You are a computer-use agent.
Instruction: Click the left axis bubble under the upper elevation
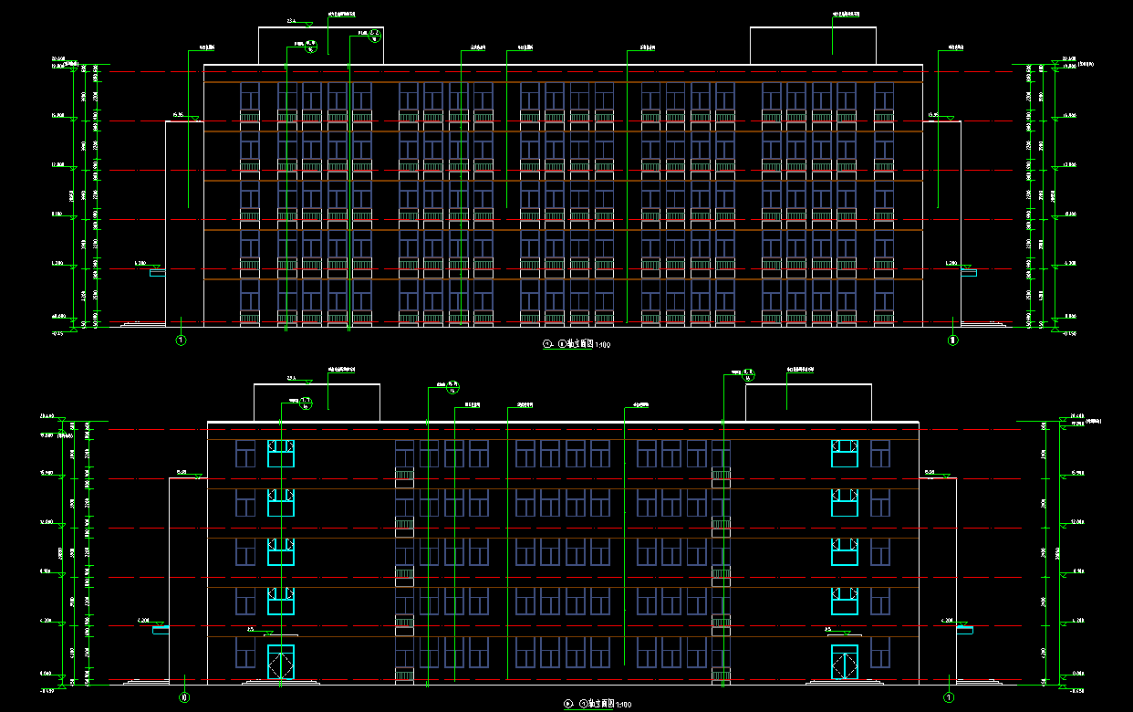(x=181, y=340)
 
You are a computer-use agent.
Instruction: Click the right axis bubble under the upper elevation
(x=953, y=340)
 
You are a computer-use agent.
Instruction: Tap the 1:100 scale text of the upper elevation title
(x=602, y=345)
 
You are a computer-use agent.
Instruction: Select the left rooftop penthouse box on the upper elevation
(x=320, y=46)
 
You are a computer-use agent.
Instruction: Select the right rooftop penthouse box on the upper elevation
(x=813, y=46)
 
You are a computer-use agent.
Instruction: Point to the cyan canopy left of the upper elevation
(x=158, y=272)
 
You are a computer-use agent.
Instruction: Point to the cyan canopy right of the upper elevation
(x=968, y=272)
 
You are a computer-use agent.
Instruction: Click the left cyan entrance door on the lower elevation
(x=281, y=662)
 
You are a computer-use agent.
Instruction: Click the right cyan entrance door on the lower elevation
(x=845, y=662)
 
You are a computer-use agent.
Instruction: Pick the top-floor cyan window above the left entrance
(x=281, y=453)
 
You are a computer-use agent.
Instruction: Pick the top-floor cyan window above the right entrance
(x=845, y=453)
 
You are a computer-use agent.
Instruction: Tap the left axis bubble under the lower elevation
(x=184, y=698)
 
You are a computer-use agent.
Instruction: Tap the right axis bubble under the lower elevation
(x=949, y=698)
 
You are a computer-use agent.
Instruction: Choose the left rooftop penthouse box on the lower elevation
(x=316, y=403)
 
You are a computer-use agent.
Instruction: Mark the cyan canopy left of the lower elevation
(x=161, y=630)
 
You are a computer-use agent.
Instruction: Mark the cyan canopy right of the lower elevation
(x=964, y=630)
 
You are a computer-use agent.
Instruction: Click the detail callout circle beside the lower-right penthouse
(x=748, y=373)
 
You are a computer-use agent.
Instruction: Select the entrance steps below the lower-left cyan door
(x=281, y=681)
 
